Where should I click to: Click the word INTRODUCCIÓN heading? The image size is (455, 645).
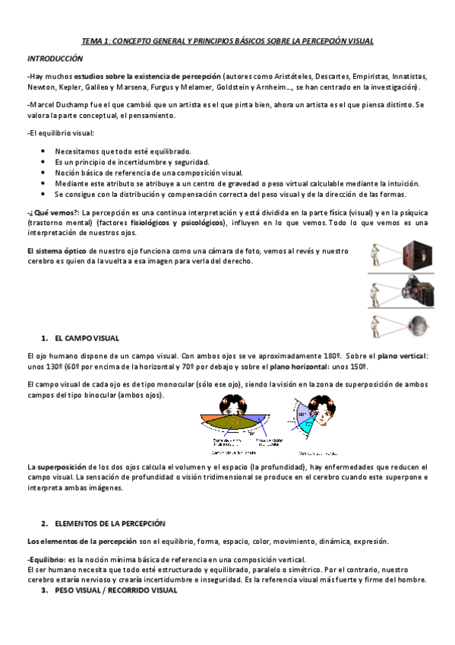(55, 59)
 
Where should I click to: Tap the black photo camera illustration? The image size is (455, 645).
(417, 291)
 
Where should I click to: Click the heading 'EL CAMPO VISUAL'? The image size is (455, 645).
(87, 337)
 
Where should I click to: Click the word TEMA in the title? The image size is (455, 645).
(93, 40)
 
